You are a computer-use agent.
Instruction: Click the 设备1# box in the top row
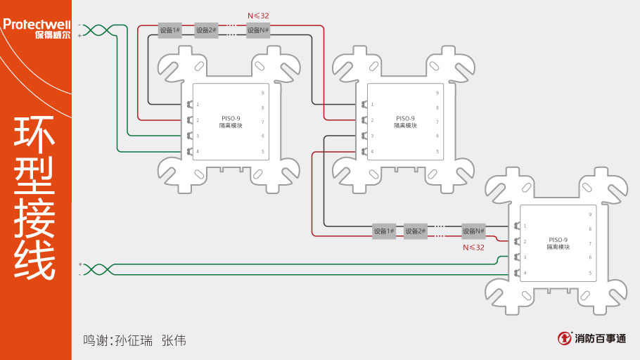click(x=169, y=30)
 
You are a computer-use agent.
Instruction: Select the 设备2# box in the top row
click(x=206, y=30)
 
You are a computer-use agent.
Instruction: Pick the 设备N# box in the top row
click(x=258, y=30)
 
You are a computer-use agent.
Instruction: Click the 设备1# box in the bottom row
click(x=384, y=231)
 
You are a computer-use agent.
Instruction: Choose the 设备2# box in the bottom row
click(x=416, y=231)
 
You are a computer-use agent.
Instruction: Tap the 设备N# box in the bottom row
click(x=473, y=231)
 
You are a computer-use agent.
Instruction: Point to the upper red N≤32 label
click(x=259, y=15)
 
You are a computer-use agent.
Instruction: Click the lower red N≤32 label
click(x=473, y=247)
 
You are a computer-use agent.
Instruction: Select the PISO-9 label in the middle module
click(x=405, y=118)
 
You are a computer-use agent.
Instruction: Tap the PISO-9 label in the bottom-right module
click(x=558, y=240)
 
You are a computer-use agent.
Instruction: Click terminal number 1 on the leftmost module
click(x=198, y=105)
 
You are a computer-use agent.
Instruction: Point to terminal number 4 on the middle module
click(x=372, y=152)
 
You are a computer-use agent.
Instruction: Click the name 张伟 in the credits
click(x=174, y=340)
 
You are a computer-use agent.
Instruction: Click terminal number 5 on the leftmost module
click(x=263, y=152)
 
